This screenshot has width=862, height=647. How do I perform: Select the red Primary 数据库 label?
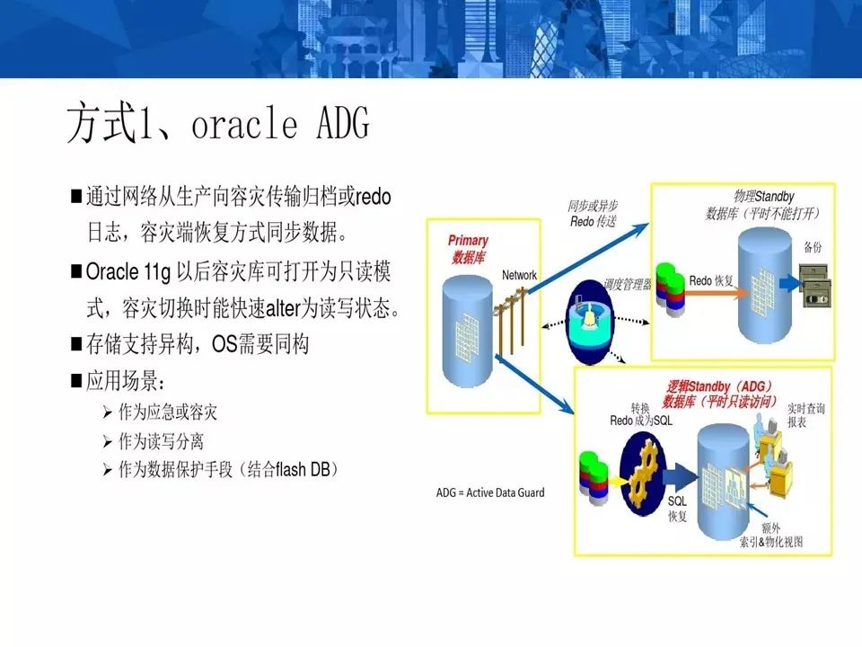pyautogui.click(x=468, y=249)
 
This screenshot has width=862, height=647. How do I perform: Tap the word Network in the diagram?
pyautogui.click(x=519, y=275)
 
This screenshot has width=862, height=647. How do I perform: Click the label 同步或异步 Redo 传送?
pyautogui.click(x=594, y=213)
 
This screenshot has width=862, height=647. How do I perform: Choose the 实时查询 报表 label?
pyautogui.click(x=805, y=414)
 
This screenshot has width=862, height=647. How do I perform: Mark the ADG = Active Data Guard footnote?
pyautogui.click(x=490, y=492)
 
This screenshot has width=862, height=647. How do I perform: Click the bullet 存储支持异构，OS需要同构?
pyautogui.click(x=197, y=343)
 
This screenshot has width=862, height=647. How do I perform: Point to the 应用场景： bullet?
pyautogui.click(x=125, y=381)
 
